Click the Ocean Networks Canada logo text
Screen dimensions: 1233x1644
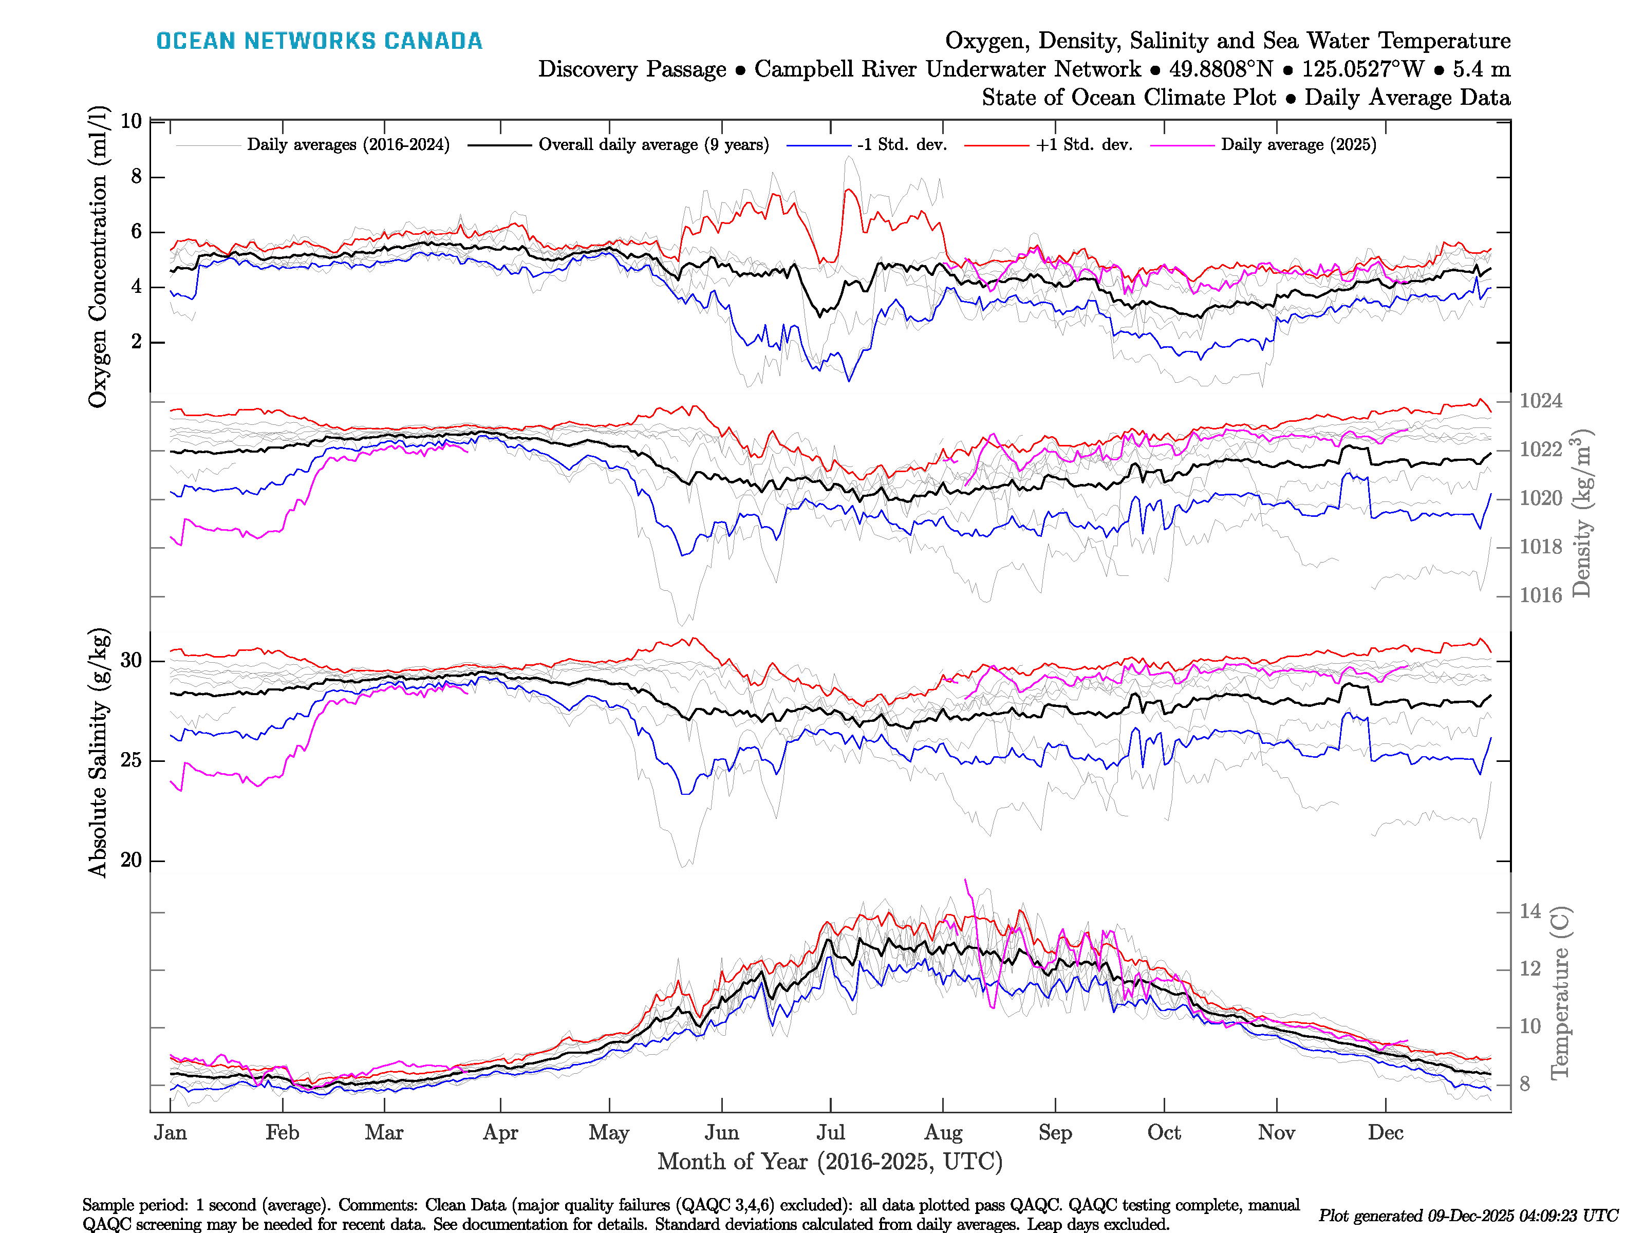point(319,41)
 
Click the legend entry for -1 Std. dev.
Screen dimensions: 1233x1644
point(901,145)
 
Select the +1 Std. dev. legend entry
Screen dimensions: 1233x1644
point(1083,145)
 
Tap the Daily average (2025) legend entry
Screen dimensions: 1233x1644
point(1298,145)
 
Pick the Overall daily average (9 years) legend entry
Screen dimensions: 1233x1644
point(652,145)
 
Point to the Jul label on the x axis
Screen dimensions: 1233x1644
point(830,1133)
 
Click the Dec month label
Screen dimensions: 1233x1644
point(1386,1133)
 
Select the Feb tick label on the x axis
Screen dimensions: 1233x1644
point(283,1133)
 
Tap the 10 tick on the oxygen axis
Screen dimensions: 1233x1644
point(131,121)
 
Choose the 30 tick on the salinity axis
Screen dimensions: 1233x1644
point(131,660)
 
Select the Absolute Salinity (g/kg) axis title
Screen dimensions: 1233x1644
point(98,753)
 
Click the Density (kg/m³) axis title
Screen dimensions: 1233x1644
point(1581,513)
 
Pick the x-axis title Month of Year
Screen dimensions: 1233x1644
point(829,1162)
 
